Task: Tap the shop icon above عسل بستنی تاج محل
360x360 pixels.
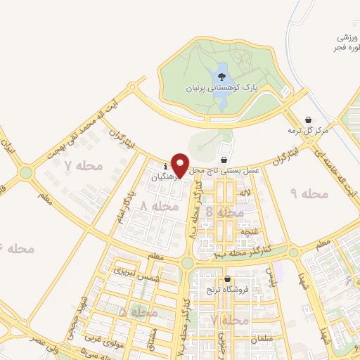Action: [x=224, y=159]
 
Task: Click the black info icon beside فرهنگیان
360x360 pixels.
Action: [x=165, y=166]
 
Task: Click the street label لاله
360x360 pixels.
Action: [x=245, y=192]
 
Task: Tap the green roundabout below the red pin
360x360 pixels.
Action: [x=187, y=263]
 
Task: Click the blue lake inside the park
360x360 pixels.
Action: [x=220, y=90]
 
